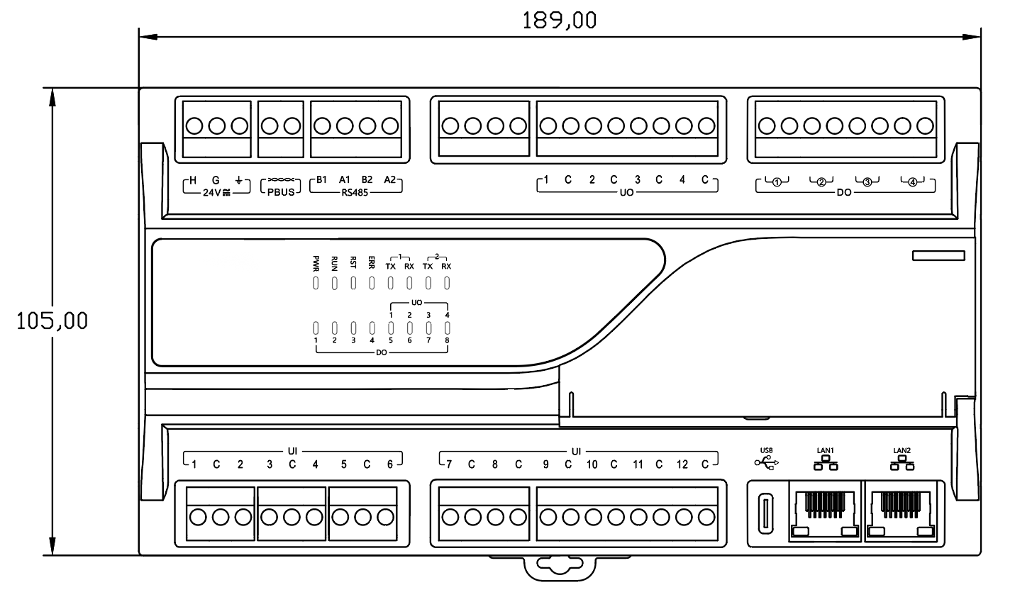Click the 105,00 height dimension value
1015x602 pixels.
click(x=53, y=320)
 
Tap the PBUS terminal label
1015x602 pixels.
click(x=282, y=191)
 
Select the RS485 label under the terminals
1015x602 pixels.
click(x=355, y=191)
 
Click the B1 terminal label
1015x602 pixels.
click(x=321, y=179)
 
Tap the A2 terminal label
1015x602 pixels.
click(x=389, y=179)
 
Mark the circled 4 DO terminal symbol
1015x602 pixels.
click(x=912, y=182)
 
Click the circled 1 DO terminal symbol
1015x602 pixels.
click(x=777, y=182)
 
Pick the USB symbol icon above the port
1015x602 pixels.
click(x=766, y=463)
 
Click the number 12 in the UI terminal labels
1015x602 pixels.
click(x=682, y=465)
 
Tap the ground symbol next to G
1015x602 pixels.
click(x=239, y=179)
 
